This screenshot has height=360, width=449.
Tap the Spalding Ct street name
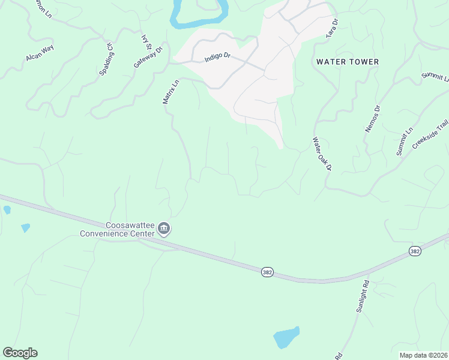point(106,59)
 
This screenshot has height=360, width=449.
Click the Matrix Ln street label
point(171,92)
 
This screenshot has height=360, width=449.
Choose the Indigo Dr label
point(217,56)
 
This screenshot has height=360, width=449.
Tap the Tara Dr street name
point(332,28)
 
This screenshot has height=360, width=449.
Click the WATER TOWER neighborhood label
point(348,62)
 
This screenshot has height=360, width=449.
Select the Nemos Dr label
point(373,119)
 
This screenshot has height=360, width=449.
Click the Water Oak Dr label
point(321,154)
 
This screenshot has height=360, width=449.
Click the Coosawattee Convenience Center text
point(118,229)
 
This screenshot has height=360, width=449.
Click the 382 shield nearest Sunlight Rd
point(415,251)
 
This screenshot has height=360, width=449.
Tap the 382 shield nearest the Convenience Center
point(268,272)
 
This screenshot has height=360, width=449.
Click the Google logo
point(20,353)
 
